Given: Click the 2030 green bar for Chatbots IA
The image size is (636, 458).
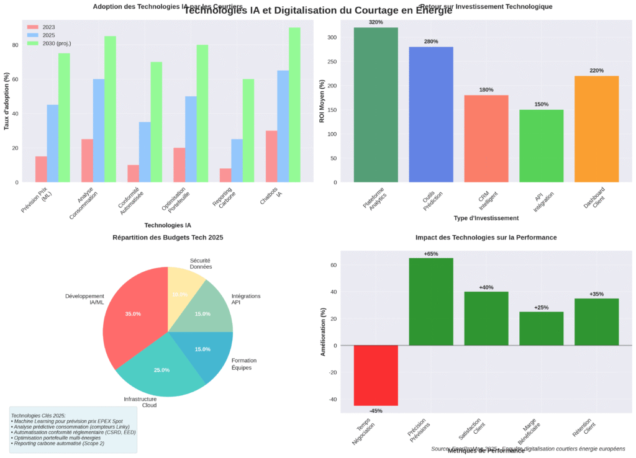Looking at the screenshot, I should pyautogui.click(x=294, y=105).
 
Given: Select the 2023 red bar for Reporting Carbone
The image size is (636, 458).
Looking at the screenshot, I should pyautogui.click(x=225, y=176).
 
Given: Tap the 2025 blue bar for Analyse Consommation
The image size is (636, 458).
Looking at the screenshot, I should pyautogui.click(x=99, y=131).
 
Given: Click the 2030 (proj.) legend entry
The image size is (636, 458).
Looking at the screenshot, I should pyautogui.click(x=57, y=43).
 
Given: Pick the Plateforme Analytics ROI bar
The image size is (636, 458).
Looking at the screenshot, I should pyautogui.click(x=376, y=105).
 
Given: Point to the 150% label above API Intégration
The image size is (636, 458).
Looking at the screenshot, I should pyautogui.click(x=542, y=104).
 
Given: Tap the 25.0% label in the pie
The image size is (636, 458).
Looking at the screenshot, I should pyautogui.click(x=161, y=370).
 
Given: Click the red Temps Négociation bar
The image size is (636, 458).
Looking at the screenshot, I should pyautogui.click(x=376, y=375).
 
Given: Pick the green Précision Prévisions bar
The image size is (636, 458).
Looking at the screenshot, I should pyautogui.click(x=431, y=302).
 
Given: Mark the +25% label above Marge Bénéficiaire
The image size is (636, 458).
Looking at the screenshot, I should pyautogui.click(x=542, y=307).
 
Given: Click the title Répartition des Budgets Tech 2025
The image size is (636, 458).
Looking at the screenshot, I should pyautogui.click(x=168, y=238).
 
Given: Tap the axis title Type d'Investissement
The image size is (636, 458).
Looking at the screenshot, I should pyautogui.click(x=486, y=218).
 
